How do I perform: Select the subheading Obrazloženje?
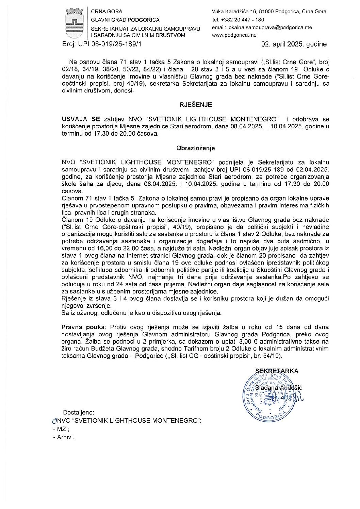pyautogui.click(x=196, y=148)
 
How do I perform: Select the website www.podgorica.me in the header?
pyautogui.click(x=234, y=35)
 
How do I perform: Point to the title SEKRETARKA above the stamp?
pyautogui.click(x=277, y=371)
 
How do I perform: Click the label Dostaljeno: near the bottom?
pyautogui.click(x=79, y=412)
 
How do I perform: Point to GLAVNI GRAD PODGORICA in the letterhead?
pyautogui.click(x=125, y=20)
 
